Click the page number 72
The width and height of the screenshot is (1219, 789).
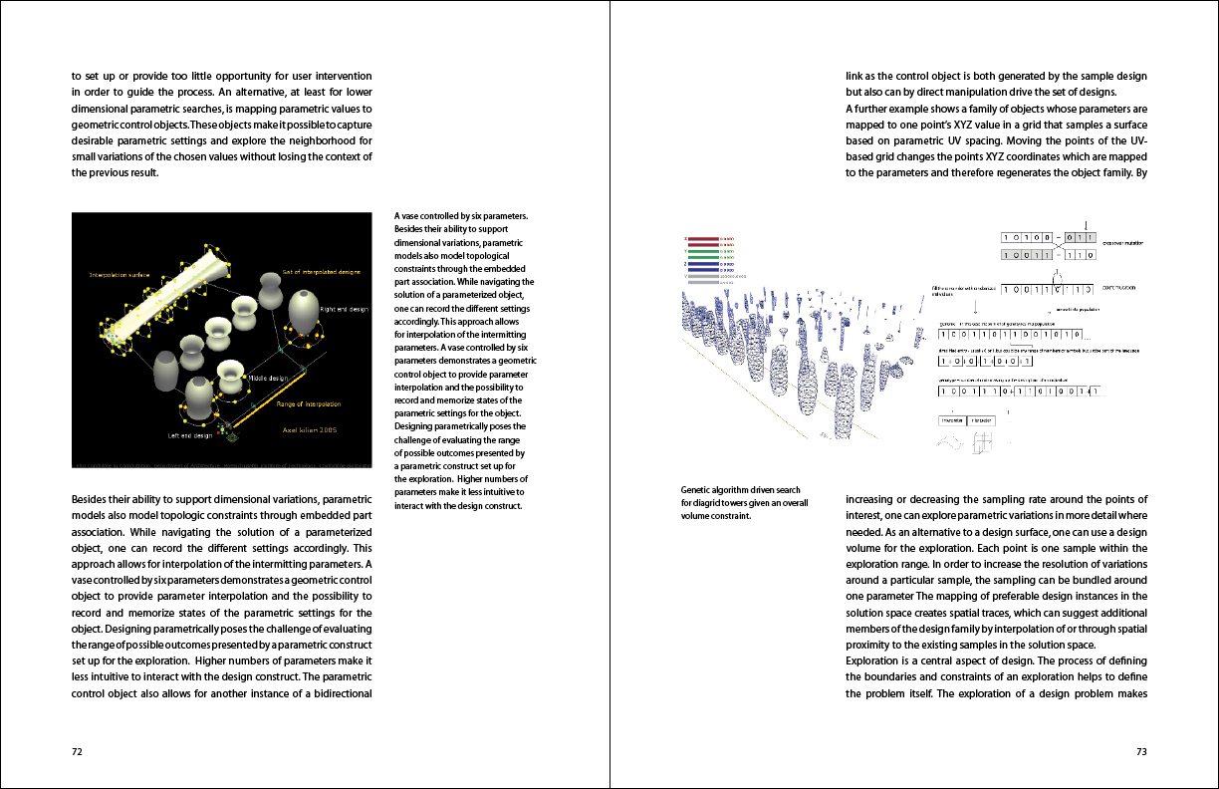[77, 752]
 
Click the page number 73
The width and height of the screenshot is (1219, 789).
[1141, 752]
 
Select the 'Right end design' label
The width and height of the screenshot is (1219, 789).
[345, 310]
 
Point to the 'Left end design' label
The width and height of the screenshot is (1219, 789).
[189, 435]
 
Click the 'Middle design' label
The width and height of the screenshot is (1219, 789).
[268, 379]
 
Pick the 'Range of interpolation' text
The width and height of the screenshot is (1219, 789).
[308, 404]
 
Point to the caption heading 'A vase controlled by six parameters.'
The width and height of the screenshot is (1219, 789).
[460, 216]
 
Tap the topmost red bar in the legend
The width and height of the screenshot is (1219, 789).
[703, 238]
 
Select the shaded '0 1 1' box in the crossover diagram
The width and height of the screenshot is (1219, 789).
[1078, 237]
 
